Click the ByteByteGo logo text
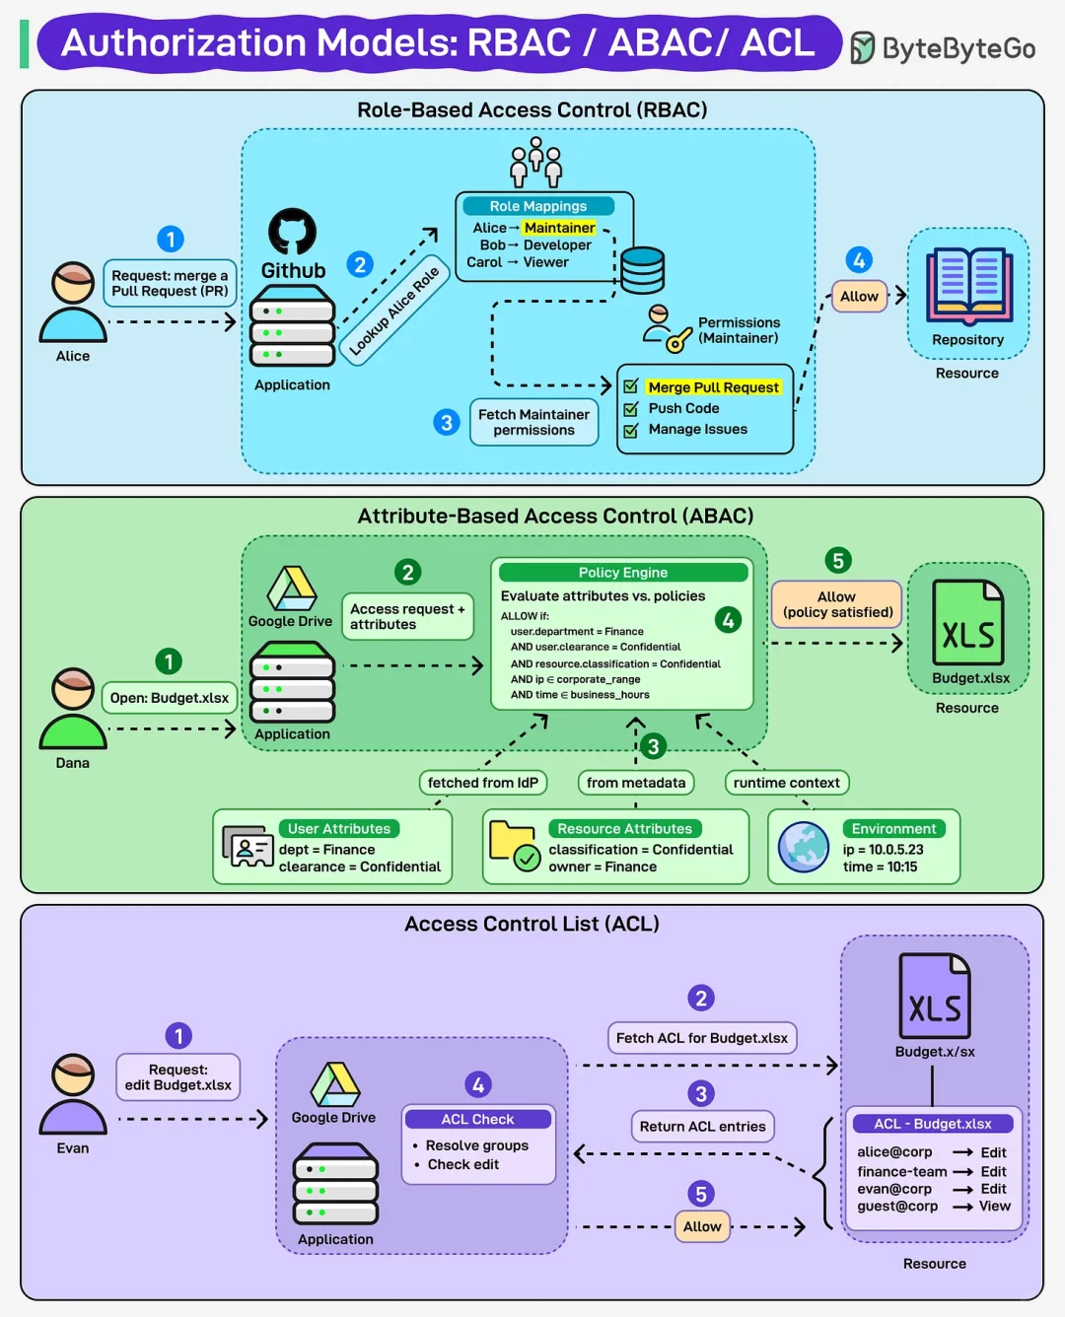pyautogui.click(x=958, y=48)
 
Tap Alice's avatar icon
pyautogui.click(x=73, y=303)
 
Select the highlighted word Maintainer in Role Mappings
pyautogui.click(x=559, y=228)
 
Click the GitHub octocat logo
pyautogui.click(x=293, y=232)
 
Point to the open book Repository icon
pyautogui.click(x=968, y=286)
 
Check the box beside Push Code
pyautogui.click(x=631, y=408)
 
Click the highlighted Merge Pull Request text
pyautogui.click(x=713, y=387)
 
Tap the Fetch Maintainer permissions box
pyautogui.click(x=533, y=422)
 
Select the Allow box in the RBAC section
pyautogui.click(x=859, y=296)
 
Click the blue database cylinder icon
pyautogui.click(x=642, y=270)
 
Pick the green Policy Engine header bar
pyautogui.click(x=623, y=573)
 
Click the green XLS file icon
pyautogui.click(x=968, y=623)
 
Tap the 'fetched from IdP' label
pyautogui.click(x=482, y=783)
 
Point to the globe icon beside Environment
pyautogui.click(x=804, y=847)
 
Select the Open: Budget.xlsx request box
pyautogui.click(x=170, y=698)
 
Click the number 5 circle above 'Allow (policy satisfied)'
pyautogui.click(x=837, y=561)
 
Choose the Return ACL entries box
pyautogui.click(x=702, y=1127)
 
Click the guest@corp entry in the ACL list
pyautogui.click(x=897, y=1207)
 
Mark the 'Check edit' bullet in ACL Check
pyautogui.click(x=462, y=1164)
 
